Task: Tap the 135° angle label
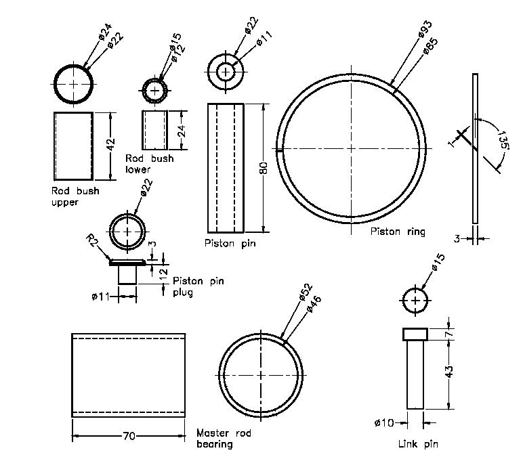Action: [x=502, y=139]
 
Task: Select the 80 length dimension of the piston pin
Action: [x=264, y=168]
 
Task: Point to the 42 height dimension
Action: [x=112, y=143]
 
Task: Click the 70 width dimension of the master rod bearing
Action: [x=129, y=437]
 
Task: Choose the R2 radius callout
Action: [x=93, y=240]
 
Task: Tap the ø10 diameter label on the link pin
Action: [x=383, y=423]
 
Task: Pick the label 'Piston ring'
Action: [x=398, y=232]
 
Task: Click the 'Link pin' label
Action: [x=417, y=444]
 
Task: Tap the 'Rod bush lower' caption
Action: [x=149, y=163]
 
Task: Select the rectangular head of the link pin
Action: [x=415, y=334]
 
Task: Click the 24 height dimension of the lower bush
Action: [x=181, y=130]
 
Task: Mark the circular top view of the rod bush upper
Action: [x=74, y=85]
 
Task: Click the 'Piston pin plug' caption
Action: [x=198, y=286]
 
